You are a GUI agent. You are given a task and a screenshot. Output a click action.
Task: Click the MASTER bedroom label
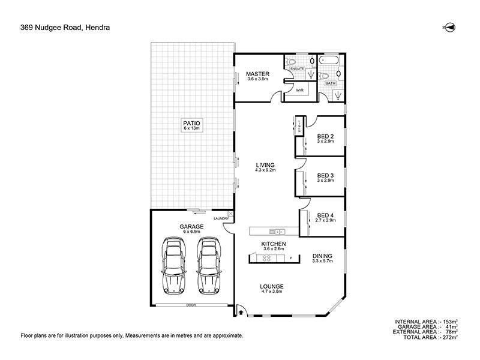[258, 74]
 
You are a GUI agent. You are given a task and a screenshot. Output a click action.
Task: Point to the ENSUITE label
[298, 69]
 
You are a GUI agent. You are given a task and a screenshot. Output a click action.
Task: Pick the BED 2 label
[326, 136]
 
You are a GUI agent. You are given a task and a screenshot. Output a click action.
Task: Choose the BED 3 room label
[326, 176]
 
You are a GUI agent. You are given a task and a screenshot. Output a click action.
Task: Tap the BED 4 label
[326, 215]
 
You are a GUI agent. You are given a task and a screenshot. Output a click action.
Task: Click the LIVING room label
[265, 165]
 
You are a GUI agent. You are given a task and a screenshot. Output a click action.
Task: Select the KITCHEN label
[273, 244]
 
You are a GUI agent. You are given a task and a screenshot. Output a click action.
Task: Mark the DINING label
[322, 256]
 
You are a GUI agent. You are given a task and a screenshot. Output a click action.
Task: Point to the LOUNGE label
[271, 286]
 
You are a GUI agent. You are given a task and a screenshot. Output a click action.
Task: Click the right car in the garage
[207, 264]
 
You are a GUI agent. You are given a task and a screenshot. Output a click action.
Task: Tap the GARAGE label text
[191, 227]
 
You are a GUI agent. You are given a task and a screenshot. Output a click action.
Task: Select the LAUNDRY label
[221, 218]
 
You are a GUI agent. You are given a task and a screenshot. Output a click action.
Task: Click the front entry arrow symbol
[239, 311]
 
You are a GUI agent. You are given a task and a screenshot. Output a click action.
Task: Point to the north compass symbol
[448, 27]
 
